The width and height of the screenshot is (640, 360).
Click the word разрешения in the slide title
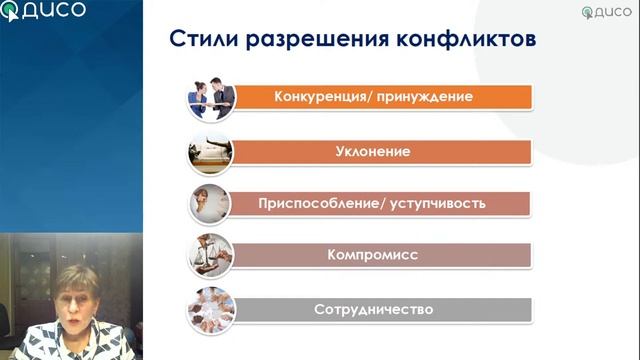coord(293,39)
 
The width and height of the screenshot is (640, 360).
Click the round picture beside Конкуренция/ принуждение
coord(211,97)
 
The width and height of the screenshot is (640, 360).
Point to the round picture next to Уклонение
coord(211,151)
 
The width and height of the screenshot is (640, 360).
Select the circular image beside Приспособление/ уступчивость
coord(211,203)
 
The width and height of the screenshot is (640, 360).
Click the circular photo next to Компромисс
coord(211,255)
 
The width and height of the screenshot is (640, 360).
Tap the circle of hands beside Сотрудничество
coord(211,308)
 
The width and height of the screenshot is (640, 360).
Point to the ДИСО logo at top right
coord(606,12)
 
